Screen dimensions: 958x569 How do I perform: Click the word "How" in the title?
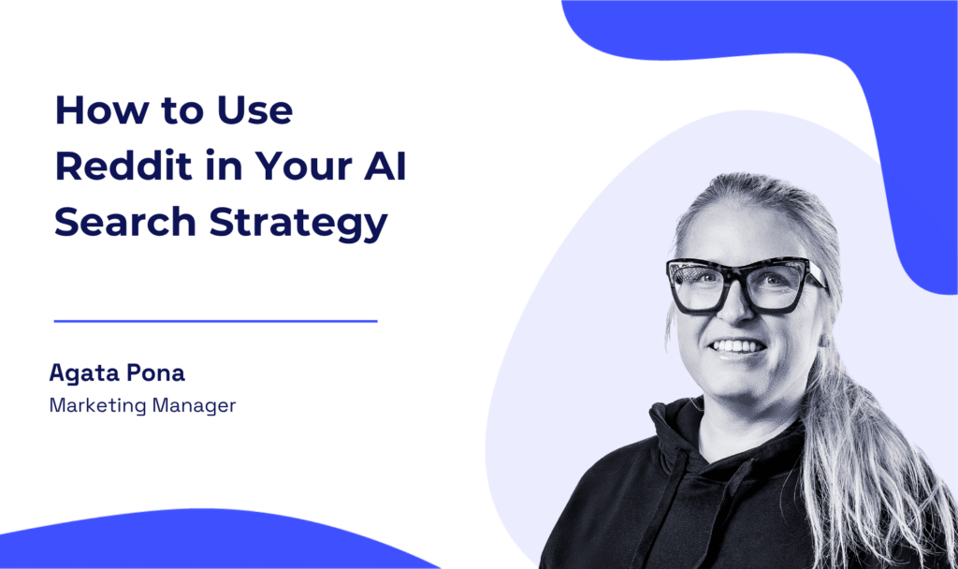point(102,110)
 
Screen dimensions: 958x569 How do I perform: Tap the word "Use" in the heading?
point(255,110)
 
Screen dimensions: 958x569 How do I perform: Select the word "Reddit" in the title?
point(123,165)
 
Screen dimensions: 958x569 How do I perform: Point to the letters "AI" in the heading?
point(385,165)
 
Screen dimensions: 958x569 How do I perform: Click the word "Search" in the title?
point(125,221)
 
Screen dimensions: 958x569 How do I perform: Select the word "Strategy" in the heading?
point(298,223)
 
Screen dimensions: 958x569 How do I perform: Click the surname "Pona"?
point(156,372)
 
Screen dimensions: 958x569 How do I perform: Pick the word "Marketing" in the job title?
point(97,406)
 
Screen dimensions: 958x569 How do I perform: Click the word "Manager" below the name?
point(194,406)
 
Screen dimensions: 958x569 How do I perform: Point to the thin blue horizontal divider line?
point(216,321)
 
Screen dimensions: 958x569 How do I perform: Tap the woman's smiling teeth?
point(738,346)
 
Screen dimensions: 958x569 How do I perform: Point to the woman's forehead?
point(746,229)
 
